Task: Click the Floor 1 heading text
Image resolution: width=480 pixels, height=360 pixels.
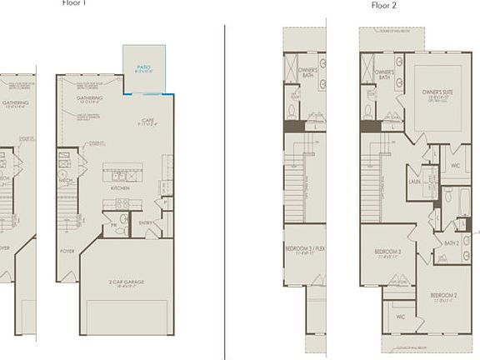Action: [x=74, y=3]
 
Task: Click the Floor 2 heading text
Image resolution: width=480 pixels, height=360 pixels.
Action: [x=383, y=5]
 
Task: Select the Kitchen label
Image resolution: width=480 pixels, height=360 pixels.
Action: [x=121, y=187]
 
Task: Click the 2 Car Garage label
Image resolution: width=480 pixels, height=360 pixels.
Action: [x=127, y=282]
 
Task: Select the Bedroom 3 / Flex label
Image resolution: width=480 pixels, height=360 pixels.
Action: [x=303, y=249]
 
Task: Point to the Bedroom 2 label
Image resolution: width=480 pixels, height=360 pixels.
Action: [x=444, y=296]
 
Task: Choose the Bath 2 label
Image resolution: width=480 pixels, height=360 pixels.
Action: [x=452, y=242]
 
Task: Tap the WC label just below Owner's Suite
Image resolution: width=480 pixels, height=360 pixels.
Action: [x=456, y=165]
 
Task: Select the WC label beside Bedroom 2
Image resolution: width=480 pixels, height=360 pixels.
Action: [x=401, y=317]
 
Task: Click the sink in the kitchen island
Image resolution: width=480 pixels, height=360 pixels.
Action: [x=121, y=176]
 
